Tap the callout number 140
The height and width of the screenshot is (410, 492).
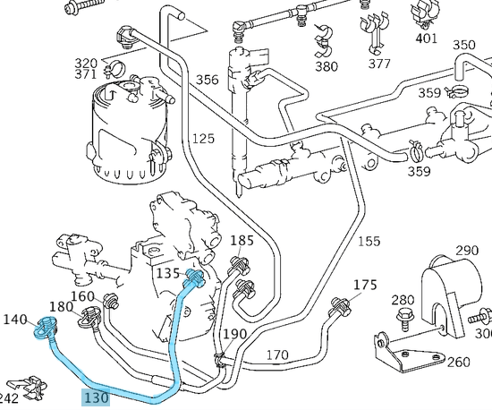pos(15,318)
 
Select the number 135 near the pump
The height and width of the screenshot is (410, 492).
pos(168,272)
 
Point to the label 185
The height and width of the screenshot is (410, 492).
pos(242,240)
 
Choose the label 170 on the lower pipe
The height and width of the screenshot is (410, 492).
pos(276,355)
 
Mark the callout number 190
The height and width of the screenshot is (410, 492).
pos(234,334)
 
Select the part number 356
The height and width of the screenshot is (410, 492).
pos(207,80)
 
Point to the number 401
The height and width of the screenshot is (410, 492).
pos(427,39)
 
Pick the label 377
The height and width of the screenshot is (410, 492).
pos(379,64)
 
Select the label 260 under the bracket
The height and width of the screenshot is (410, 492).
pos(458,362)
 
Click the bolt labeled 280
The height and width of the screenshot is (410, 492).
pos(404,316)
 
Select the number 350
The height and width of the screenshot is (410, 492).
pos(463,45)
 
